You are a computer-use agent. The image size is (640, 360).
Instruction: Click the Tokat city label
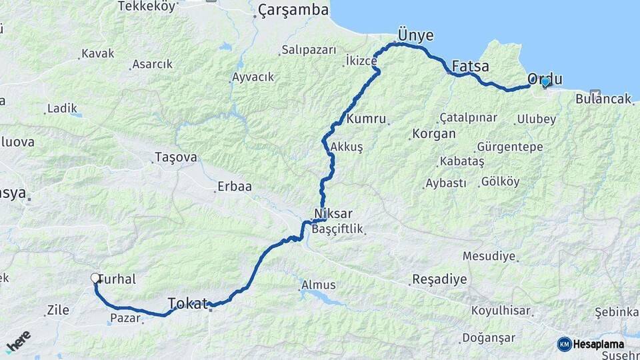coord(187,303)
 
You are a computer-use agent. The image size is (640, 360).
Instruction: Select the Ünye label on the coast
coord(415,35)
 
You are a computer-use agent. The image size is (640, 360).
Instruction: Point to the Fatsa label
coord(470,67)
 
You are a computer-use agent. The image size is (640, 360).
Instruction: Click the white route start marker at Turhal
coord(95,278)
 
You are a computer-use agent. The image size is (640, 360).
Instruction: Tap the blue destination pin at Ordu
coord(545,82)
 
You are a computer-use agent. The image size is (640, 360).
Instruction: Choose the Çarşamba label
coord(293,10)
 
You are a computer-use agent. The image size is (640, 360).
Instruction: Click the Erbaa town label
coord(234,187)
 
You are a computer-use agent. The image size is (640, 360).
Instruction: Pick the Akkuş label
coord(346,147)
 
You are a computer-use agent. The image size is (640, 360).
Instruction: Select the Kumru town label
coord(367,119)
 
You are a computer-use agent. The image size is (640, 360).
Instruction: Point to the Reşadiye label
coord(440,279)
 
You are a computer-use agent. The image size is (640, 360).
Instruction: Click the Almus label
coord(319,285)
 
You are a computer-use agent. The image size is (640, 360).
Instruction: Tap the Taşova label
coord(175,157)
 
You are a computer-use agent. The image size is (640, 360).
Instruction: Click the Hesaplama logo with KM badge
coord(591,344)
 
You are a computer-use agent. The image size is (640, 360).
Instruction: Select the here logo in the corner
coord(18,341)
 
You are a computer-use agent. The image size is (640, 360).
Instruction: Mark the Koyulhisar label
coord(501,311)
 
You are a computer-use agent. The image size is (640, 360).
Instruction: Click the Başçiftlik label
coord(337,229)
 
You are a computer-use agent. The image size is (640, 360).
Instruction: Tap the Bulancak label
coord(603,99)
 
